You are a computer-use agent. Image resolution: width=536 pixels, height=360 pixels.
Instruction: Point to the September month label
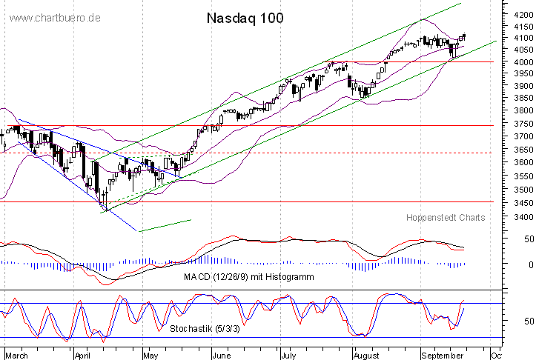coord(443,355)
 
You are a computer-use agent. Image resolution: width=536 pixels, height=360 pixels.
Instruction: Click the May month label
coord(150,355)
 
